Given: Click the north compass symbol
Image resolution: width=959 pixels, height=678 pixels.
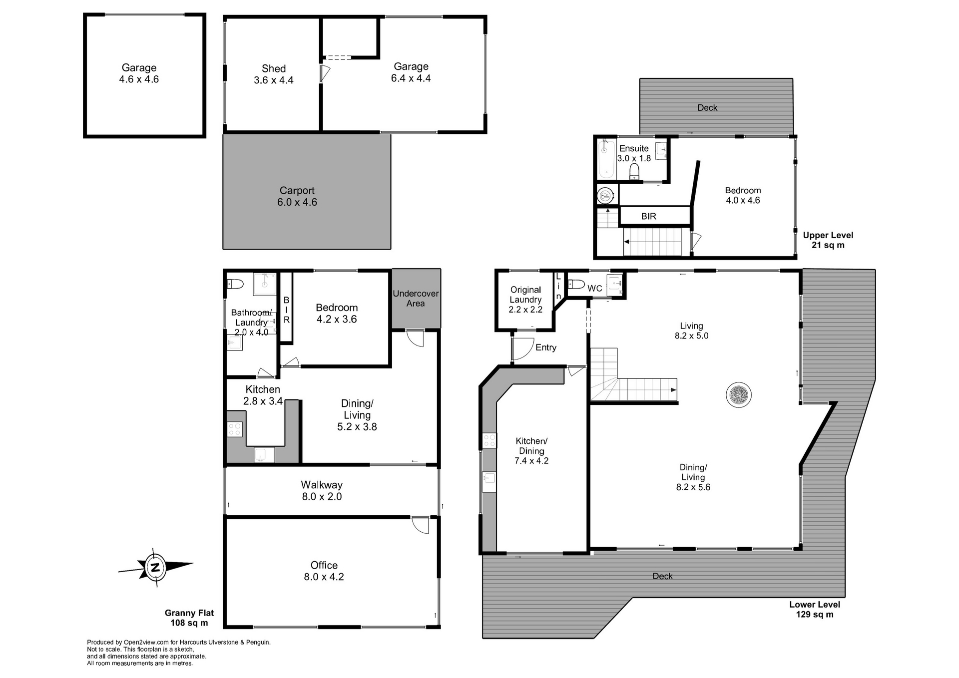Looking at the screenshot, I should (155, 568).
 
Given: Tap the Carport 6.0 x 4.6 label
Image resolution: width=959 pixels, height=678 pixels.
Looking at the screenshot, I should (297, 196).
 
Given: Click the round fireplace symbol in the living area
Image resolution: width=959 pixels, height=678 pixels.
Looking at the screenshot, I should (738, 395).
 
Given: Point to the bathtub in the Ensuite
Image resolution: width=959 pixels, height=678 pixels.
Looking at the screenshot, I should (606, 159).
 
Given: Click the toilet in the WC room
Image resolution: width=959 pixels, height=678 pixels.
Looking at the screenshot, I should (577, 285).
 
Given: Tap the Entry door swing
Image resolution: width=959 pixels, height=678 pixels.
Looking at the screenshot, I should (522, 348).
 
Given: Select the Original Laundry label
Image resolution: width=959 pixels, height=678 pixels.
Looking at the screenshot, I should (525, 299).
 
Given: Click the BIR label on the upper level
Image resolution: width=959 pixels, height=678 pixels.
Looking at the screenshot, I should (648, 216).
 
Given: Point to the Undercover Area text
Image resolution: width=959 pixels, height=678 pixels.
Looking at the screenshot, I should (416, 298).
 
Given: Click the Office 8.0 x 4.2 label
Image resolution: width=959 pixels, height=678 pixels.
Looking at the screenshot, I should (324, 571).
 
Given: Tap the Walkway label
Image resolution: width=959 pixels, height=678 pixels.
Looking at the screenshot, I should (322, 490).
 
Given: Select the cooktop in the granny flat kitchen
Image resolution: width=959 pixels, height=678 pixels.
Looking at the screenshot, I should (235, 429).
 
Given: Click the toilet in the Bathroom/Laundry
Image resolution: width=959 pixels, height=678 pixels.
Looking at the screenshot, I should (235, 284).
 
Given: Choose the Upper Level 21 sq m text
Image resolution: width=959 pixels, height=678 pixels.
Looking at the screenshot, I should (828, 240).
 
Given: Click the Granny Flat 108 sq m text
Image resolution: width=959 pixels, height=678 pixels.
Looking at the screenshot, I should (189, 618).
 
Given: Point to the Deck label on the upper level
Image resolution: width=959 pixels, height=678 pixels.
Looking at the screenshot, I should (707, 107).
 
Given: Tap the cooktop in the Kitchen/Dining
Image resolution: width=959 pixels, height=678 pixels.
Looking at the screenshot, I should (489, 440).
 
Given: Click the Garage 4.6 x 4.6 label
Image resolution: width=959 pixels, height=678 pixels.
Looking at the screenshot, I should (139, 73).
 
